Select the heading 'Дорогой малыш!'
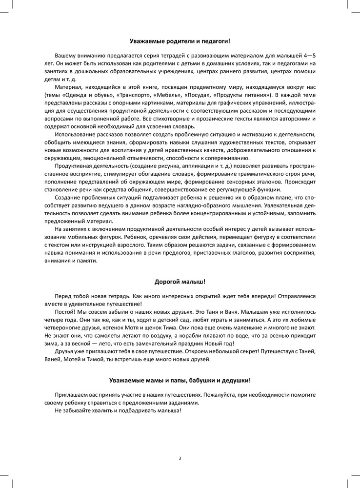tap(180, 282)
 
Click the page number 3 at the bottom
tap(180, 458)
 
